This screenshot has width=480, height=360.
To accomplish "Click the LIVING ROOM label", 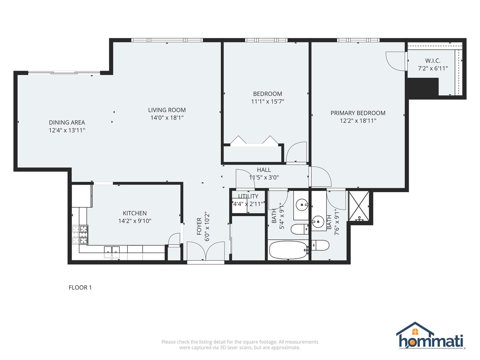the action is click(167, 110).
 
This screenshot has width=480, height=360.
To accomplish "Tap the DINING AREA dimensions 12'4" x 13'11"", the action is click(67, 130).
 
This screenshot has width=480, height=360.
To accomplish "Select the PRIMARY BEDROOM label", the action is click(358, 113).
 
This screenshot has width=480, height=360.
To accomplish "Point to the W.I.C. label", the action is click(433, 61).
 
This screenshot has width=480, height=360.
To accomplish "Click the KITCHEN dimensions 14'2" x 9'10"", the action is click(135, 221).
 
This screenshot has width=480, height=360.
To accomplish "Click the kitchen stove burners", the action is click(80, 235).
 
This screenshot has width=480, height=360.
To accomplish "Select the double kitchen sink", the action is click(112, 252).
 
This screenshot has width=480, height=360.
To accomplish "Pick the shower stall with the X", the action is click(359, 206).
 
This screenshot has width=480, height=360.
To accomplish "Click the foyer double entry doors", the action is click(206, 251).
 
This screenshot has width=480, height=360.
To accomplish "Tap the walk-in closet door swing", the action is click(396, 61).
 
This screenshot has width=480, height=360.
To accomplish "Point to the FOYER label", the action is click(199, 226).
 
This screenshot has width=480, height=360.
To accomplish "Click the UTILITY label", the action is click(248, 196).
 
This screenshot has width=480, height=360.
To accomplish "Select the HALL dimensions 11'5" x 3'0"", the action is click(264, 177).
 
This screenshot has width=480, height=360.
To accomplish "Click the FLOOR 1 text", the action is click(80, 287).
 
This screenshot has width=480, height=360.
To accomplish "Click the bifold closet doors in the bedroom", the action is click(254, 140).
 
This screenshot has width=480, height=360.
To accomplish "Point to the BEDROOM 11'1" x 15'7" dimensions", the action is click(267, 101).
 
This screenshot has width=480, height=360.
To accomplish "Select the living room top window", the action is click(167, 40).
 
